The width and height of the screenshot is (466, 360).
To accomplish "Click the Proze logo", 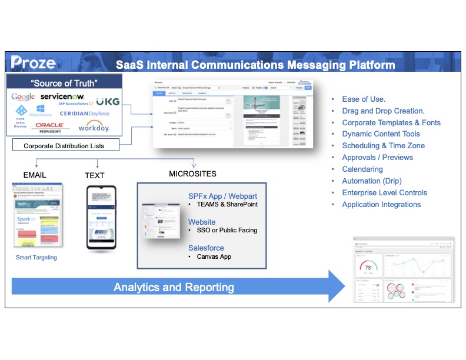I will (x=33, y=62).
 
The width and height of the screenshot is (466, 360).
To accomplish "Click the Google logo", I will (x=23, y=96).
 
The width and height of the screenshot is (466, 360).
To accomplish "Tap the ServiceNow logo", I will (x=63, y=96).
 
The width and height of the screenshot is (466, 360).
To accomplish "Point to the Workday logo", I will (x=94, y=126).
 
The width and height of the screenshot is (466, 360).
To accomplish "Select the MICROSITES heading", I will (x=192, y=174).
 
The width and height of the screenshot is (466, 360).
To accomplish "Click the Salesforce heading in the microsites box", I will (x=206, y=248).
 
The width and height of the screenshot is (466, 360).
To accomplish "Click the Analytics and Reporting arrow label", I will (x=174, y=288).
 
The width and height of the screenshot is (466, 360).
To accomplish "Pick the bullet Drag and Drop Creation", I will (x=383, y=111).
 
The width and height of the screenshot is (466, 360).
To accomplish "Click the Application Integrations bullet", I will (x=381, y=205).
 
